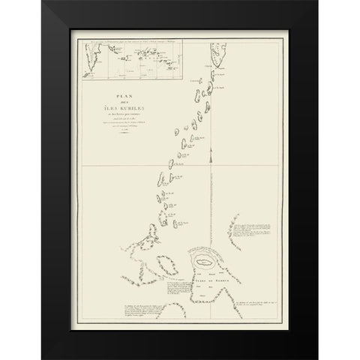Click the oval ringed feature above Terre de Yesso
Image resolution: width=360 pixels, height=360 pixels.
point(205,262)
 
